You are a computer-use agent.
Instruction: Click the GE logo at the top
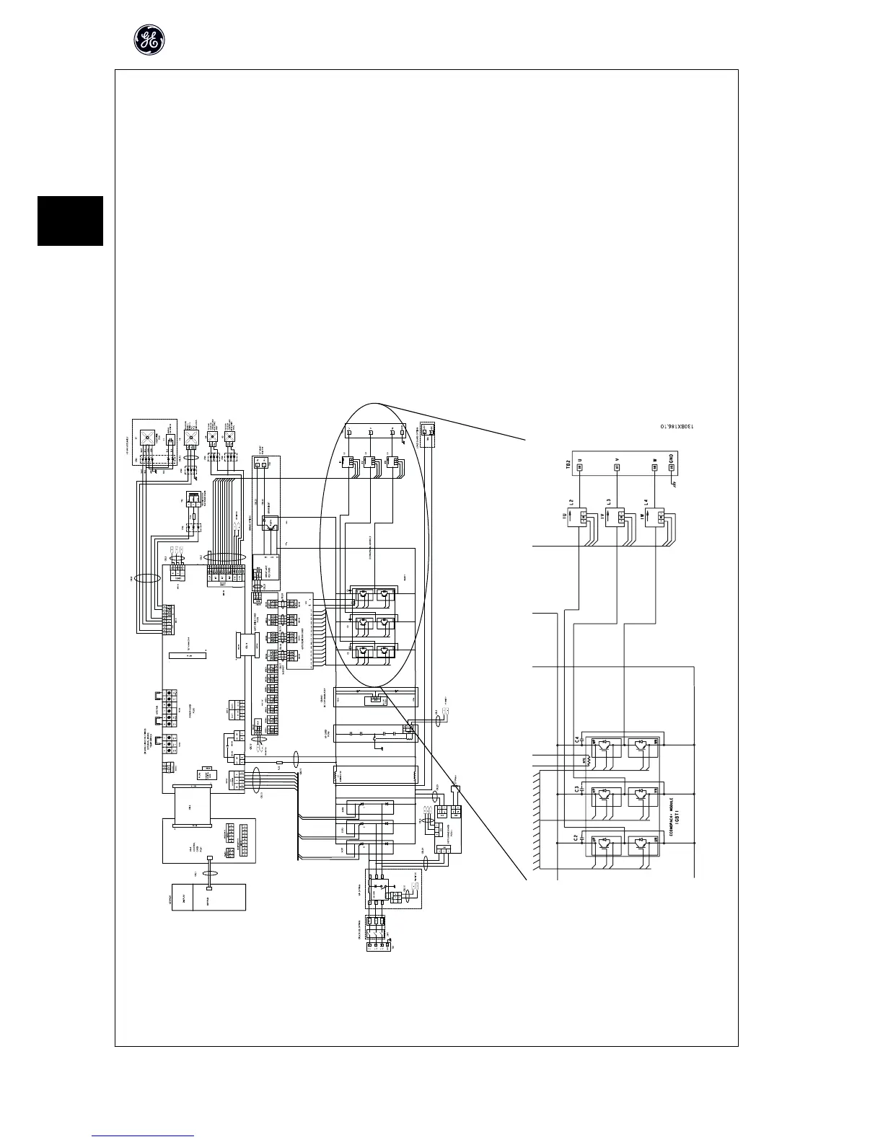[x=149, y=40]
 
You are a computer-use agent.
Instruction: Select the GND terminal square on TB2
[x=671, y=467]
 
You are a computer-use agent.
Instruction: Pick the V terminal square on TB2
[x=616, y=467]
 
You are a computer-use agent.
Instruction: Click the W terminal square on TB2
[x=654, y=467]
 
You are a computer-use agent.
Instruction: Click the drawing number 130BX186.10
[x=676, y=427]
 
